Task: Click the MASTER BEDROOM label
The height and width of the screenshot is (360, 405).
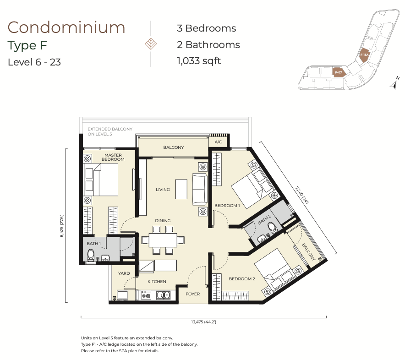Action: (x=113, y=157)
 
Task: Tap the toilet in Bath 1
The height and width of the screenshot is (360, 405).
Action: (x=91, y=254)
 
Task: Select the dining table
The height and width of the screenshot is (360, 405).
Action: (x=163, y=240)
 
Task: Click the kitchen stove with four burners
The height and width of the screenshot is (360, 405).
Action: (x=146, y=295)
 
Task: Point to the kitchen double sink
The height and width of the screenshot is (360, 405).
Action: (x=163, y=295)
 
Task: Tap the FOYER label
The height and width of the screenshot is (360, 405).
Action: (x=193, y=294)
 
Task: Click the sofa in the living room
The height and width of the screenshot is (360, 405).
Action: (x=200, y=189)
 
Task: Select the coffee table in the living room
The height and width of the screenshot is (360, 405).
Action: (x=181, y=189)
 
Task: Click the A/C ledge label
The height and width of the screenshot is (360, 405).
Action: (x=218, y=142)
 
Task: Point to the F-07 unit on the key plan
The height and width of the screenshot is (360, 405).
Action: (x=339, y=72)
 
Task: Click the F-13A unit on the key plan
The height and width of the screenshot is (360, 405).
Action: (x=364, y=55)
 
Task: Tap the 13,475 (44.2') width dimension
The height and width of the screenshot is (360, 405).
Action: (x=203, y=322)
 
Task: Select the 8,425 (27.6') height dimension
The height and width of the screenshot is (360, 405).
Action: (x=62, y=226)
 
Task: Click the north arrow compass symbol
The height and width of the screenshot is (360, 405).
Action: (x=394, y=84)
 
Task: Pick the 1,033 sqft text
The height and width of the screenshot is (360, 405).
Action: (x=199, y=61)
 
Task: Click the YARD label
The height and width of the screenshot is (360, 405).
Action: (x=124, y=273)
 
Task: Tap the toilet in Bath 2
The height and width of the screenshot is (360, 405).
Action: (x=272, y=228)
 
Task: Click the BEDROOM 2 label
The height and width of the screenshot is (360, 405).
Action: (x=242, y=279)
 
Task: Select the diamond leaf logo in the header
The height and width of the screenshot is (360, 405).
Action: (x=151, y=44)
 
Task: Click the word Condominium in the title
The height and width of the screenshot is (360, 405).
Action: (x=66, y=27)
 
